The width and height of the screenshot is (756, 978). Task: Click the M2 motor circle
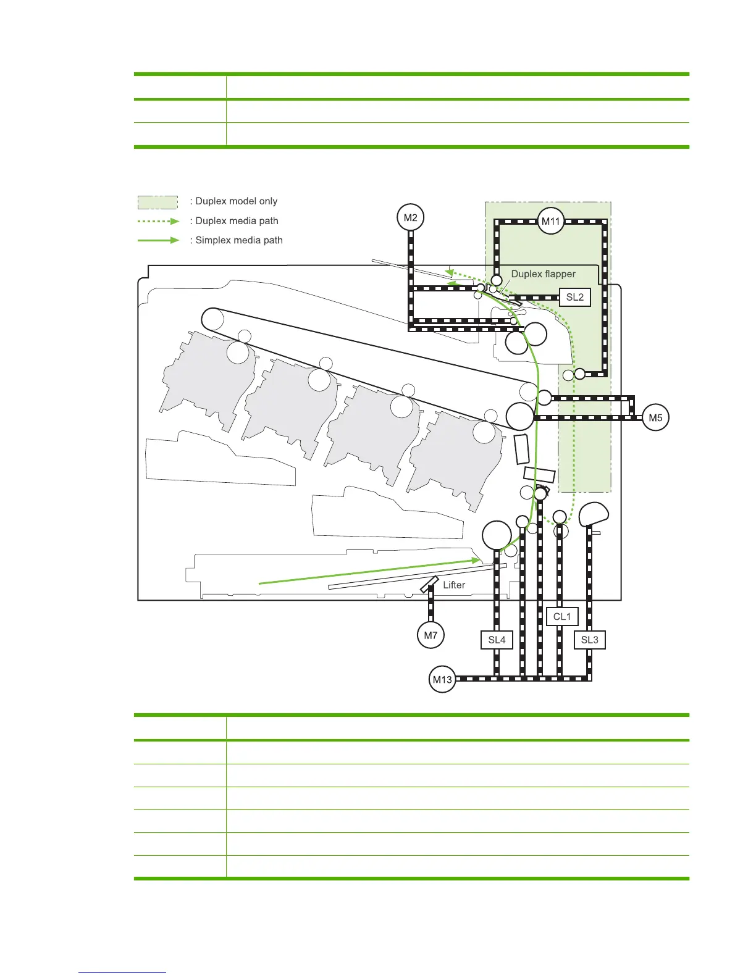click(x=411, y=218)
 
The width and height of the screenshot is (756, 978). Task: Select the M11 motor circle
click(x=550, y=221)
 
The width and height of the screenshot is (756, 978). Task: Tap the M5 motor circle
click(x=655, y=418)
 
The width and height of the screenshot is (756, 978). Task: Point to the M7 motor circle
click(x=430, y=635)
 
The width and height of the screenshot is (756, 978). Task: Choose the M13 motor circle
click(x=442, y=680)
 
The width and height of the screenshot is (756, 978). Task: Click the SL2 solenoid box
click(x=574, y=297)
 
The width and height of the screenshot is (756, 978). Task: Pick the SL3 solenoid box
click(x=589, y=640)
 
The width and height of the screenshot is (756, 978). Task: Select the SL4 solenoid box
click(x=497, y=640)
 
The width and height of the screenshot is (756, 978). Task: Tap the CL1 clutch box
click(x=562, y=617)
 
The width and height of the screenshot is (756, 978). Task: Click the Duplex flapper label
click(x=543, y=274)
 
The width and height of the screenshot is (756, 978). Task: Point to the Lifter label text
click(x=454, y=585)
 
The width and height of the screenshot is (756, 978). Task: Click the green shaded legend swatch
click(x=157, y=202)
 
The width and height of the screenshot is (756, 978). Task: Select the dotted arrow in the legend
click(x=158, y=221)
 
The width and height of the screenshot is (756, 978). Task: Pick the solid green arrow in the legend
click(x=158, y=240)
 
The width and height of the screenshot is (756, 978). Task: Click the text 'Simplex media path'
click(x=239, y=240)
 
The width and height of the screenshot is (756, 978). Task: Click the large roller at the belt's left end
click(x=212, y=319)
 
